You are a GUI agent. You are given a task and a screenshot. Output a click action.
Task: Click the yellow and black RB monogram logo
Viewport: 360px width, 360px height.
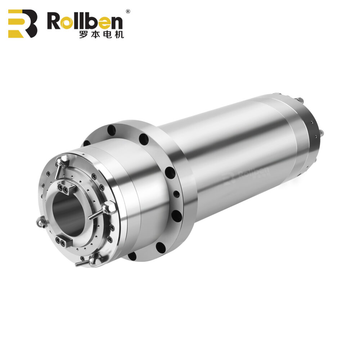click(22, 23)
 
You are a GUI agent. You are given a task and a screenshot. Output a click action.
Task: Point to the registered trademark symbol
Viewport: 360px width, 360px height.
click(127, 12)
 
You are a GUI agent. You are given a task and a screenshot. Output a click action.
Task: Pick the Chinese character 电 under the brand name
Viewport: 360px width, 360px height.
click(105, 35)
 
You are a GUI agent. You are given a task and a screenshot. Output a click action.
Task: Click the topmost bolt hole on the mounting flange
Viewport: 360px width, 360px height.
click(111, 129)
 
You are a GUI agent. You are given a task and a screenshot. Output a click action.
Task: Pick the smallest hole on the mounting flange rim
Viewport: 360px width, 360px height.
click(176, 194)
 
